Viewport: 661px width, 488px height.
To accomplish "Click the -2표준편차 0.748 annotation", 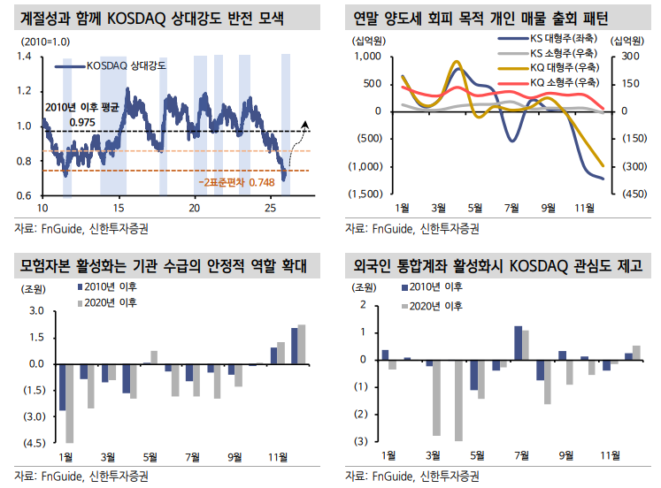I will (x=236, y=181).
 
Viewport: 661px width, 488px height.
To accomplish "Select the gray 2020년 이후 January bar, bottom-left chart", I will (x=69, y=402).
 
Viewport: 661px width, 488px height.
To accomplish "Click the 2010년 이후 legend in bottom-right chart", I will (x=429, y=288).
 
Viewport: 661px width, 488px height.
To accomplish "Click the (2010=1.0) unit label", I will (x=33, y=41).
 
